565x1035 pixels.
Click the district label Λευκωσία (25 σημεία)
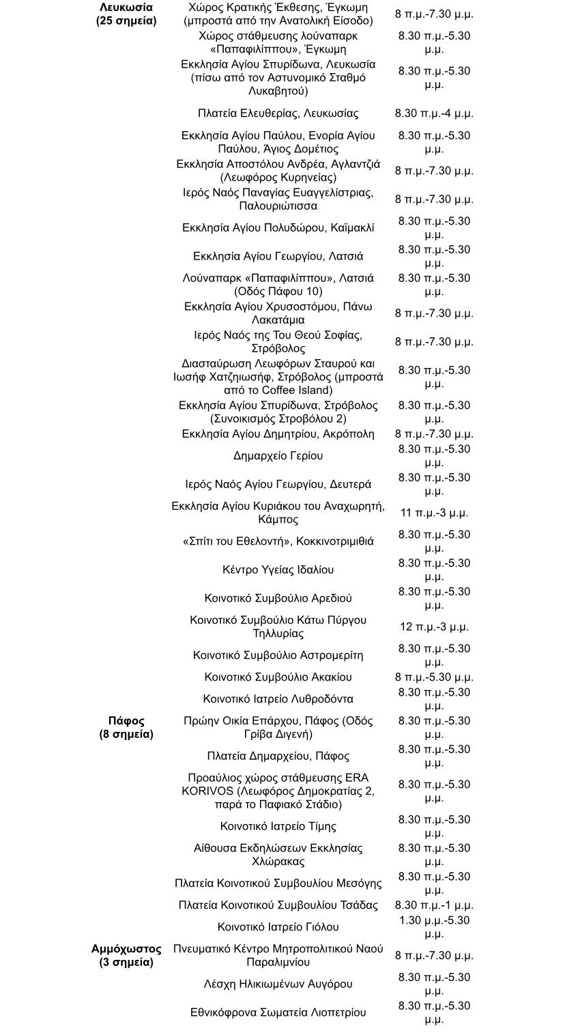(126, 14)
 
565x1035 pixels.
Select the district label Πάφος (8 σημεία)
(126, 727)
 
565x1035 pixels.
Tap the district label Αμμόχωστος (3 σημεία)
(126, 955)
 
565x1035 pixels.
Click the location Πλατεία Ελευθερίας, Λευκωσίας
(278, 113)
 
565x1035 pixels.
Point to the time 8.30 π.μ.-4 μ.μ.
(434, 113)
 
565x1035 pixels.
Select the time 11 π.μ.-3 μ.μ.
(434, 513)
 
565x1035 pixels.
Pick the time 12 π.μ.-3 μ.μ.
(434, 627)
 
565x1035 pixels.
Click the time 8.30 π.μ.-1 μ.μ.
(434, 905)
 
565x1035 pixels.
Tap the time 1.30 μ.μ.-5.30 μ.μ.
(434, 926)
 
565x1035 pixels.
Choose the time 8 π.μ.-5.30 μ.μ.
(434, 677)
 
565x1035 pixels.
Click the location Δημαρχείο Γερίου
(278, 455)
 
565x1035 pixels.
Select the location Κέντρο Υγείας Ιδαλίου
(278, 569)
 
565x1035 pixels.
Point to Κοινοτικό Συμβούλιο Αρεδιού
(278, 598)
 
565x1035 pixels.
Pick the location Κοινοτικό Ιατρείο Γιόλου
(278, 926)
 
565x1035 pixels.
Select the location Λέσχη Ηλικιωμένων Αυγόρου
(278, 984)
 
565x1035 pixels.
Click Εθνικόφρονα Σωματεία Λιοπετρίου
(278, 1012)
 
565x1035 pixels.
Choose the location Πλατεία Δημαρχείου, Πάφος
(278, 756)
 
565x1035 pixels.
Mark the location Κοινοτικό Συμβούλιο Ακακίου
(278, 677)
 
